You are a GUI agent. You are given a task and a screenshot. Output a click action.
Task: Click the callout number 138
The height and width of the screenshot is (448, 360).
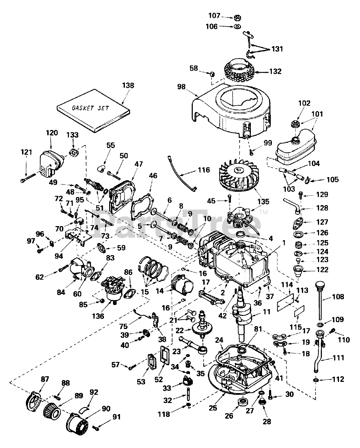pos(128,85)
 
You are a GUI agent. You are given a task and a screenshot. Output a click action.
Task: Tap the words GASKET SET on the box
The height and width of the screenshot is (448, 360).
pos(90,108)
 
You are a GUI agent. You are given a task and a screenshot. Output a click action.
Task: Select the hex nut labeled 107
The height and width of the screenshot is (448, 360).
pos(237,18)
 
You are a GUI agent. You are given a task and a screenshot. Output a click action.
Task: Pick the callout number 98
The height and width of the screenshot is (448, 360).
pos(181,86)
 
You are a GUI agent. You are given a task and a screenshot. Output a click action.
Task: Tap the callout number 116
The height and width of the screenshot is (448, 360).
pos(204,170)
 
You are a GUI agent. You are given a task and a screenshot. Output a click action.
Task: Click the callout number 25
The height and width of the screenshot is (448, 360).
pos(213,414)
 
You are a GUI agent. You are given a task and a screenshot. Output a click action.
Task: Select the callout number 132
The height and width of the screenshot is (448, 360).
pos(275,71)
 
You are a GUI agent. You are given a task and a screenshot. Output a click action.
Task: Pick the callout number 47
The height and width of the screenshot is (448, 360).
pos(139,164)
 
